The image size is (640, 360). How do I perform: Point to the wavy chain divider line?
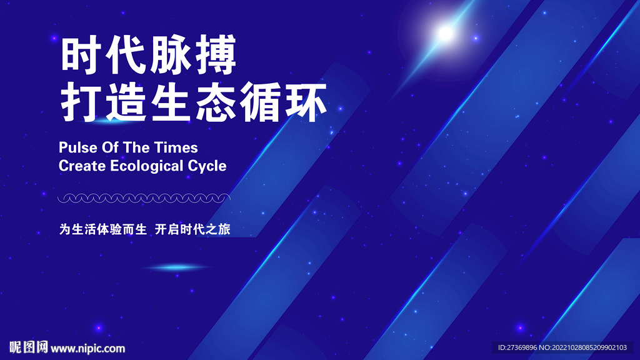coord(144,198)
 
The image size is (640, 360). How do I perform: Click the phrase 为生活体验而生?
coord(102,229)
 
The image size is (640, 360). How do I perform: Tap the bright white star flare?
coord(445,32)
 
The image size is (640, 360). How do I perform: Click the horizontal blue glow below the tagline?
coord(178,267)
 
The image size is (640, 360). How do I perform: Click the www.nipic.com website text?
coord(87,348)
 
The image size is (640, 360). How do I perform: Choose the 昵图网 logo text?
coord(29,347)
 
